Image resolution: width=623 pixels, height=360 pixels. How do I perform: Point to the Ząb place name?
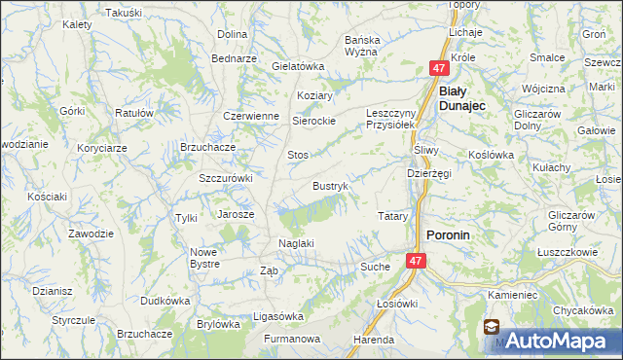point(270,271)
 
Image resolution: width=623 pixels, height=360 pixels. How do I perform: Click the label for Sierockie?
point(314,121)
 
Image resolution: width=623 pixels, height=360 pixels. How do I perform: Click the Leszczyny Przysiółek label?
point(390,119)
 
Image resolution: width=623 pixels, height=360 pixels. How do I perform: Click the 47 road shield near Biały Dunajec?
point(439,68)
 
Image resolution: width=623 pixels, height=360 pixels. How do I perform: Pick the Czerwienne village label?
point(251,115)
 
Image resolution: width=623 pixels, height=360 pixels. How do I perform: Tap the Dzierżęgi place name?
point(428,173)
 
